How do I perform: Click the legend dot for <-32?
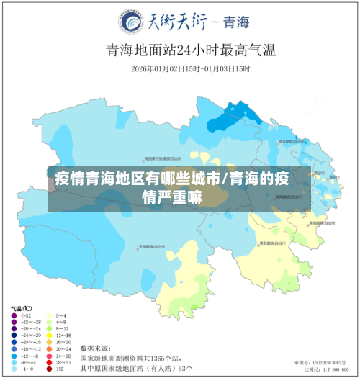tap(14, 315)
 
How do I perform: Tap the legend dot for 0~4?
tap(48, 315)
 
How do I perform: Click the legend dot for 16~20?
tap(48, 343)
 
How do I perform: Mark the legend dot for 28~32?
tap(48, 363)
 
